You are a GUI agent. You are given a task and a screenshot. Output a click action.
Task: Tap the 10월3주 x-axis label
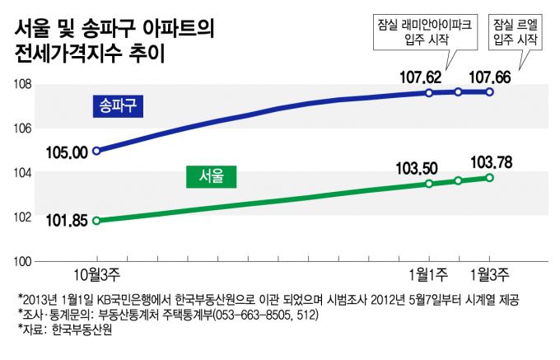97,274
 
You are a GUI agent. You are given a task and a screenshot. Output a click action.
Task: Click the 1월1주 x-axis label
428,274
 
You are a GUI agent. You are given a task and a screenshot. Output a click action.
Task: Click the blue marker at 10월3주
97,151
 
